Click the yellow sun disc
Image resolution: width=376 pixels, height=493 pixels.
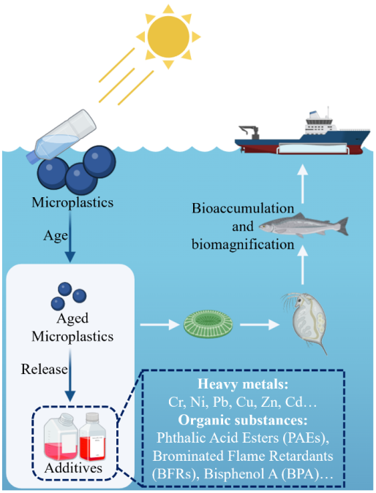[x=168, y=37]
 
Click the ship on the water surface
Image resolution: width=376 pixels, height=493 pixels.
[x=302, y=134]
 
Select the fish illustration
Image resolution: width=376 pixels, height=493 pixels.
[x=304, y=226]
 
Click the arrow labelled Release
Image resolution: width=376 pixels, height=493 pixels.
[x=70, y=375]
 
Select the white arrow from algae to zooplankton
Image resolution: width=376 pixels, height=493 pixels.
[x=260, y=324]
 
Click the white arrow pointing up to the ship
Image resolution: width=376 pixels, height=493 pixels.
[x=302, y=184]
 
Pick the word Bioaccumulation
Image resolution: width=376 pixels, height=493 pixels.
[x=243, y=208]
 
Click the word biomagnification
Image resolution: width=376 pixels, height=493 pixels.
[x=243, y=244]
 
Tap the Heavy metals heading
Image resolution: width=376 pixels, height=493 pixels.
[x=243, y=384]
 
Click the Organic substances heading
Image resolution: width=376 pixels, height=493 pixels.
[x=243, y=420]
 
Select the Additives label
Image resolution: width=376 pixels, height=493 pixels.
[x=73, y=468]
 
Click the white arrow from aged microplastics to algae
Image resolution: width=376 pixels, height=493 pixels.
[x=159, y=324]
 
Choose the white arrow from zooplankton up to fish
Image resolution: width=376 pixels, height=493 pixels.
[x=302, y=265]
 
